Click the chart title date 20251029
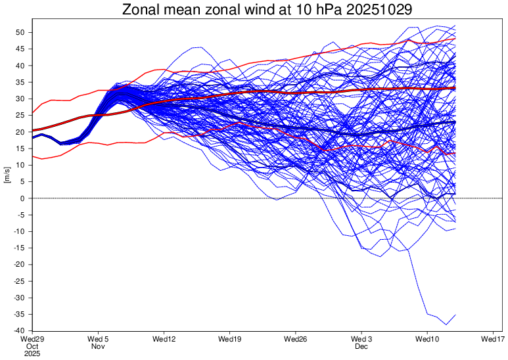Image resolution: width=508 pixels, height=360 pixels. point(379,10)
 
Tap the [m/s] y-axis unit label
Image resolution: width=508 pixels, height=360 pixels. point(7,175)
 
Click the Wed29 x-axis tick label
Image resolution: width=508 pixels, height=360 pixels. point(33,339)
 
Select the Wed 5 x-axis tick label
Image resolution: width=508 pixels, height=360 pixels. point(98,339)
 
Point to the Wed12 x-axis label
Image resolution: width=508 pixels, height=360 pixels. point(164,339)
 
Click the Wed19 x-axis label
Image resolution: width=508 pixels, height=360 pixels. point(230,339)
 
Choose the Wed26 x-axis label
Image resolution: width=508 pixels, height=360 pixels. point(296,339)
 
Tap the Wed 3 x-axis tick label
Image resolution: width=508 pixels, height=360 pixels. point(361,339)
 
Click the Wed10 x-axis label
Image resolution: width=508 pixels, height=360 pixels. point(427,339)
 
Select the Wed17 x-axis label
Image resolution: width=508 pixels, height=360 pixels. point(493,339)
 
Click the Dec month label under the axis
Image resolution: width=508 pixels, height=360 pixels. point(361,346)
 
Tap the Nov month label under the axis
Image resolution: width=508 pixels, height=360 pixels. point(98,346)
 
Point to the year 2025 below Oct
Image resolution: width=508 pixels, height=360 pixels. point(32,354)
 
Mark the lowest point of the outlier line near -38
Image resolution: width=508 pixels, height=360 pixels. point(446,325)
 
